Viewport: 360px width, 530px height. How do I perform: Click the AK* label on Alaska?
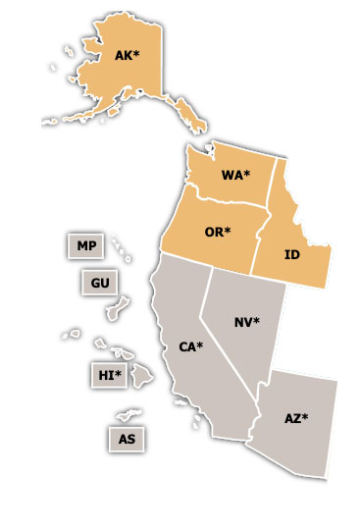(127, 56)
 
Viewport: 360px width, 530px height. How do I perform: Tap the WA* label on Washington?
(235, 176)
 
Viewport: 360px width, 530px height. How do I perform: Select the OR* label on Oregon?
(217, 232)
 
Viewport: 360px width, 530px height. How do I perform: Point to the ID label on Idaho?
(291, 254)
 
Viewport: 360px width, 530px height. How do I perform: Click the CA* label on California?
(191, 346)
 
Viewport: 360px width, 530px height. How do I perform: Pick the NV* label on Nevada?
(247, 322)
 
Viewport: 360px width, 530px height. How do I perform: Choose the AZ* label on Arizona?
(296, 418)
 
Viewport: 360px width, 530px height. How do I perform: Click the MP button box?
(86, 245)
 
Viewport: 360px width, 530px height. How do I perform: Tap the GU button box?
(99, 283)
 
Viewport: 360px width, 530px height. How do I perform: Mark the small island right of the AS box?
(131, 416)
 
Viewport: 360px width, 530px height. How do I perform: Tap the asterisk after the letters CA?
(201, 344)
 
